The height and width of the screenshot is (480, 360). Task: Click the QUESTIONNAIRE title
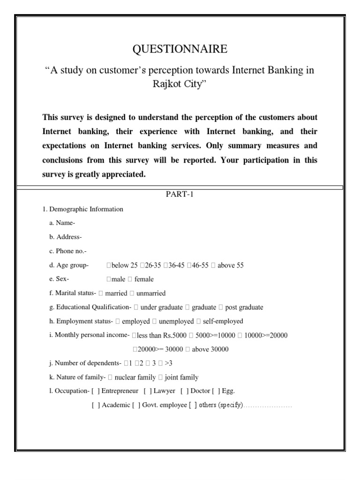click(x=180, y=49)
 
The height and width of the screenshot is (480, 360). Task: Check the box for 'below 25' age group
click(x=109, y=266)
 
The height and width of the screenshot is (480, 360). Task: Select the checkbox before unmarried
click(x=132, y=294)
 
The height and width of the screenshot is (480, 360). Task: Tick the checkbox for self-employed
click(x=199, y=322)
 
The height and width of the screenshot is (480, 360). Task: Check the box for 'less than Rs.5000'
click(x=135, y=336)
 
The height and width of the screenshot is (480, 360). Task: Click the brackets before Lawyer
click(x=148, y=391)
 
